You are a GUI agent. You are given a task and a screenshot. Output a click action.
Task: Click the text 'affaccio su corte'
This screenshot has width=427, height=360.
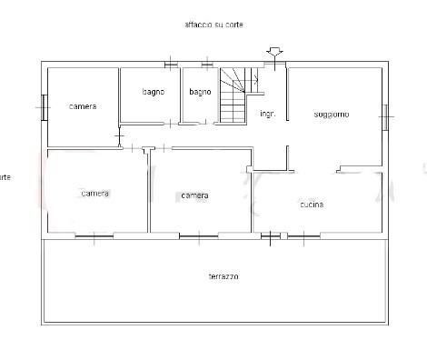[213, 25]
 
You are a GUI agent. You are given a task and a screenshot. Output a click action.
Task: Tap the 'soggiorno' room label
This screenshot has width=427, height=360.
[332, 114]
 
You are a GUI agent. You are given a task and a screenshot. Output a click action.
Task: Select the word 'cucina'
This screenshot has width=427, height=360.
[312, 205]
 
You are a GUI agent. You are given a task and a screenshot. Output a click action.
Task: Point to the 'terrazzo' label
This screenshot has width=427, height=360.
[223, 275]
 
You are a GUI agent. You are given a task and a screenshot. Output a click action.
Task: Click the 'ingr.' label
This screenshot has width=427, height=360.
[267, 114]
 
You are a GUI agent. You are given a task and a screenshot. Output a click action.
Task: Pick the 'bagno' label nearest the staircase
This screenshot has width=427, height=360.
[200, 92]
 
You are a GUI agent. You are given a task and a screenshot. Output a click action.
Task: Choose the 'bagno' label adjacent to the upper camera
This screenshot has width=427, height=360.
[153, 92]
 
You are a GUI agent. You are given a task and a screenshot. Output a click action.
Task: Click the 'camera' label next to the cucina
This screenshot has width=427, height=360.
[194, 195]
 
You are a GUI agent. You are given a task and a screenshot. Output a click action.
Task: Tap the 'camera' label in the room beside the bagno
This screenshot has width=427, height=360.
[83, 106]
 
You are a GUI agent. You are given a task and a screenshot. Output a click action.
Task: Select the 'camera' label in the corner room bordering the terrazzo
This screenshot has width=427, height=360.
[94, 193]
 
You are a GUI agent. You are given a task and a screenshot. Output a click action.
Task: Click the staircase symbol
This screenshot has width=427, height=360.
[235, 95]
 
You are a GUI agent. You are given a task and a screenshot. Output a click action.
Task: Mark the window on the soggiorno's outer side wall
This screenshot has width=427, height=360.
[386, 115]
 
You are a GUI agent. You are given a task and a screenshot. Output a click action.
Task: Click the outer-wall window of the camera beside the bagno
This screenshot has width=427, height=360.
[43, 107]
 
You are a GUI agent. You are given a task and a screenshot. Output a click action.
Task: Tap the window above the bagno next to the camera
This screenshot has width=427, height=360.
[170, 64]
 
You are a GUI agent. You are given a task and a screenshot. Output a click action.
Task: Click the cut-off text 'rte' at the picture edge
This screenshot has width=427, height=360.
[5, 176]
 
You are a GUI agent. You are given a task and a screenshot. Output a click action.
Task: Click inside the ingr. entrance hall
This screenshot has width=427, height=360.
[269, 136]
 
